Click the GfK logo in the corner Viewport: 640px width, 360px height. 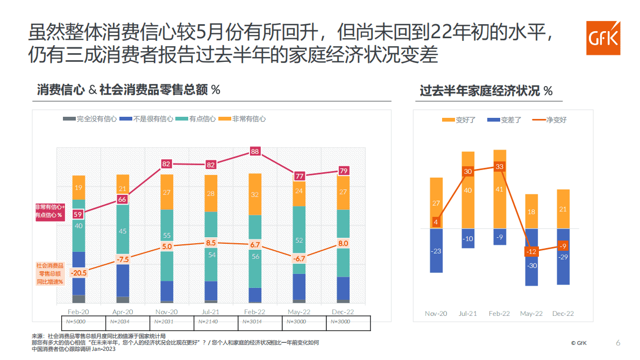(x=603, y=38)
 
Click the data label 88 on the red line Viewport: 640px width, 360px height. (x=255, y=152)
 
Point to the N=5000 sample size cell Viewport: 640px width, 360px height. (x=79, y=321)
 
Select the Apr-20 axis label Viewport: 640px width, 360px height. (x=123, y=312)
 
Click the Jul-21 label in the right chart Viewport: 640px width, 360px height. (x=467, y=314)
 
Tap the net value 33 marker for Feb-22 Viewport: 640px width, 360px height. (x=500, y=167)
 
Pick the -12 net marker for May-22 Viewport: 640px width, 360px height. (x=531, y=252)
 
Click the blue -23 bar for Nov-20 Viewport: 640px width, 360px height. (x=436, y=251)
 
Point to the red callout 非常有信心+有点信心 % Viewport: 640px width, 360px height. (x=50, y=211)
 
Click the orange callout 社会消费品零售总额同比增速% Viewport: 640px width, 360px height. (x=50, y=274)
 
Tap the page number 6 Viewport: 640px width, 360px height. (x=618, y=343)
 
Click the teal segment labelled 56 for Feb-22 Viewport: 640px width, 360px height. (x=255, y=257)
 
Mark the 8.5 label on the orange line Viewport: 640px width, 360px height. (x=211, y=243)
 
